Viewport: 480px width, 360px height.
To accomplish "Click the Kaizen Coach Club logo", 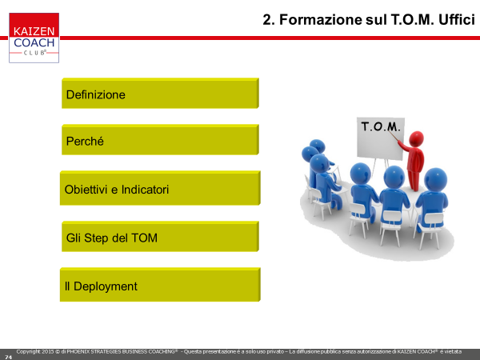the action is click(34, 38).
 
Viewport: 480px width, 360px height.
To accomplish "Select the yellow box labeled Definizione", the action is click(160, 93).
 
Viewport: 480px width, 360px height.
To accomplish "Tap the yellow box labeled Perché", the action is click(160, 139).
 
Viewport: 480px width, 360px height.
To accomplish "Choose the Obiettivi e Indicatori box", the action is click(160, 188).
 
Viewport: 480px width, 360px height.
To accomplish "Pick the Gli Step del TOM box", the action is click(160, 236).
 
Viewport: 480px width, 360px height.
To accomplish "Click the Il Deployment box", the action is click(160, 285).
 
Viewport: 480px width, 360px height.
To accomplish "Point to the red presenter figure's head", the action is click(416, 138).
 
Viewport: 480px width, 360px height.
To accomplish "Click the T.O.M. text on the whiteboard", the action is click(381, 126).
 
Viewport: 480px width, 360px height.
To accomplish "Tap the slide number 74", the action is click(8, 358).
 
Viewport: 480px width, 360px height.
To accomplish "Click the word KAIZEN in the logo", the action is click(34, 31).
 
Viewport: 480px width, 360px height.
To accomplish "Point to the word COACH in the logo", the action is click(34, 42).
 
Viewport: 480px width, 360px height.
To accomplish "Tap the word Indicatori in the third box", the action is click(145, 190).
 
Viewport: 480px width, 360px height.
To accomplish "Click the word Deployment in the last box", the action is click(106, 286).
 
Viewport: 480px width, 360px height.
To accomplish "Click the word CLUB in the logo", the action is click(34, 53).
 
